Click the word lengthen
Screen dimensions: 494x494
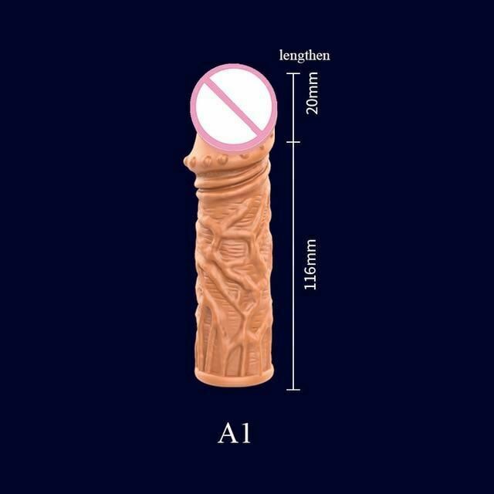(305, 56)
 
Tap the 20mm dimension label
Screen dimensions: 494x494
(313, 93)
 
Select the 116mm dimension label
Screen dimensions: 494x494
(310, 264)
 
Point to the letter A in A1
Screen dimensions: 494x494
(228, 434)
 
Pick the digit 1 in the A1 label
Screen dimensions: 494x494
(246, 434)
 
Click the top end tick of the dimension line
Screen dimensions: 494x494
(293, 73)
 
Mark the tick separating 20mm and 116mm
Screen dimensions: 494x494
(293, 142)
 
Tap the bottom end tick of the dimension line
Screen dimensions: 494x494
(293, 390)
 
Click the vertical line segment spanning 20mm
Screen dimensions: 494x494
(293, 108)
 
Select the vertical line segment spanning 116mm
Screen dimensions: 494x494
(293, 266)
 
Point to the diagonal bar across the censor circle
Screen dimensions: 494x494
(234, 108)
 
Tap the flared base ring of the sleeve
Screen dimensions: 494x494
(234, 377)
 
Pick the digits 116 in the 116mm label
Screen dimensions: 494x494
(310, 276)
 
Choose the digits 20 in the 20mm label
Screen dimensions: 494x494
(313, 107)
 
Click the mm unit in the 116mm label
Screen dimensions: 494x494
(310, 250)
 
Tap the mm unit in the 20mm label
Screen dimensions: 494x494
(313, 85)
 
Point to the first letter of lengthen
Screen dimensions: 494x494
(281, 55)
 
